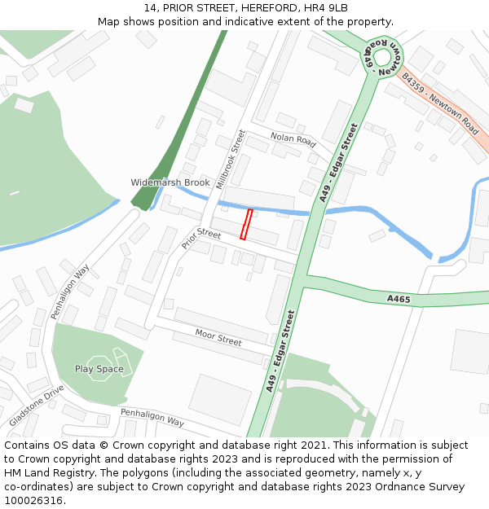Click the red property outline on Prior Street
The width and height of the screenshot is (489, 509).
[246, 225]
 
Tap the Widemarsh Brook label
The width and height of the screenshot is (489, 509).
[170, 182]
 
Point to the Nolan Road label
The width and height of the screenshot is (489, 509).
[293, 140]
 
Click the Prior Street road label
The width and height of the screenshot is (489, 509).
[201, 237]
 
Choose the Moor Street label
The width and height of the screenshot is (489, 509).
[218, 337]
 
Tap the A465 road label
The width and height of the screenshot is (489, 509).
[399, 299]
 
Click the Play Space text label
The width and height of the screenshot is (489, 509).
[99, 369]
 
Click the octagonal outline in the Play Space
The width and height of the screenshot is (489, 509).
[99, 368]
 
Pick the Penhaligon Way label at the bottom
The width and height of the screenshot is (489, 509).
[152, 417]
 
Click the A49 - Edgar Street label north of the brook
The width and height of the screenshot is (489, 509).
[339, 162]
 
